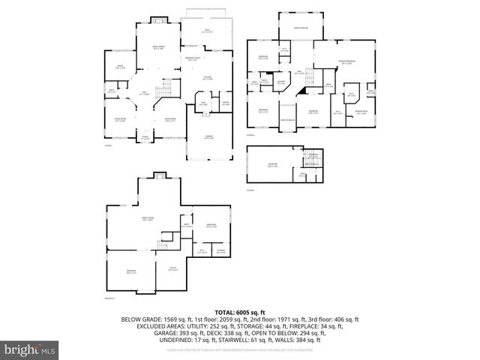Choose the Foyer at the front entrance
point(145,137)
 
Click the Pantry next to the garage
point(224,103)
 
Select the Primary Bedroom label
point(345,64)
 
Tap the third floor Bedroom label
point(272,163)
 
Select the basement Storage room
point(220,251)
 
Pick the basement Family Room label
point(148,220)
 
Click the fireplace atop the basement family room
point(158,175)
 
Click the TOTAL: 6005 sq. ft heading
point(239,310)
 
